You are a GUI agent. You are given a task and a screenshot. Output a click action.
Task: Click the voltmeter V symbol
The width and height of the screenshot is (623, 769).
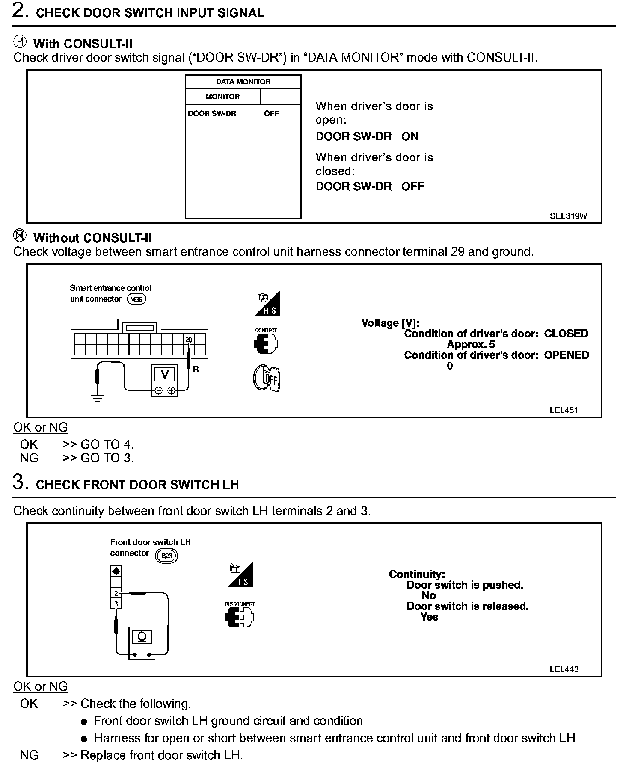pyautogui.click(x=164, y=374)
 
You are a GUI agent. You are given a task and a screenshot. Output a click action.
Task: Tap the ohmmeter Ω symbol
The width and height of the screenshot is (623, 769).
pyautogui.click(x=142, y=637)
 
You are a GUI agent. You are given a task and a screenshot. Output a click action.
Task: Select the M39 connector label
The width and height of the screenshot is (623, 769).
pyautogui.click(x=136, y=299)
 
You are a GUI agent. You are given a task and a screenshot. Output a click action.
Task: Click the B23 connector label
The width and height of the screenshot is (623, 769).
pyautogui.click(x=166, y=556)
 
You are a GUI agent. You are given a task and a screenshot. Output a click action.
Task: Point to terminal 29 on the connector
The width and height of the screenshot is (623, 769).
pyautogui.click(x=189, y=340)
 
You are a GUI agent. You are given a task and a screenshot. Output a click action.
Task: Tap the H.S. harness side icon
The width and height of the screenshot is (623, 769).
pyautogui.click(x=267, y=304)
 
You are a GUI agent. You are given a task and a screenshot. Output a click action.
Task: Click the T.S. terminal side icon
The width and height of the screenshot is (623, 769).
pyautogui.click(x=240, y=574)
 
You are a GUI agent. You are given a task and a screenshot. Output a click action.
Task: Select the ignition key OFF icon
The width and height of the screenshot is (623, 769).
pyautogui.click(x=267, y=378)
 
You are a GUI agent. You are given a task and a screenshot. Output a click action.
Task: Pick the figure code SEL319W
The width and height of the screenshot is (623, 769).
pyautogui.click(x=568, y=216)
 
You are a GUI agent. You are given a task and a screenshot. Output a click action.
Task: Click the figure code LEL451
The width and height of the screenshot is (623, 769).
pyautogui.click(x=564, y=410)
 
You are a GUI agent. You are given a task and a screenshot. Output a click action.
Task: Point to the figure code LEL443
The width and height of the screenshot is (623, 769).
pyautogui.click(x=564, y=669)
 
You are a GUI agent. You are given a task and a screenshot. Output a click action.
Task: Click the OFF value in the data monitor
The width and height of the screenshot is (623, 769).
pyautogui.click(x=271, y=113)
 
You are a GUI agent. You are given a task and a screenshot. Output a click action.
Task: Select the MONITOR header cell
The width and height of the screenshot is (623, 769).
pyautogui.click(x=222, y=97)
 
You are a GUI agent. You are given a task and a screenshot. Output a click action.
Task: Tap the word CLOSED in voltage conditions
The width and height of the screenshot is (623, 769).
pyautogui.click(x=566, y=334)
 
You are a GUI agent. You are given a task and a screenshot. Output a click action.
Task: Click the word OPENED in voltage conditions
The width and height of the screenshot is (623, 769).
pyautogui.click(x=567, y=355)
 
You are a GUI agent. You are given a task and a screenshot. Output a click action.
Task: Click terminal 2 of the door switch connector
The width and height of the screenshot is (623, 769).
pyautogui.click(x=116, y=593)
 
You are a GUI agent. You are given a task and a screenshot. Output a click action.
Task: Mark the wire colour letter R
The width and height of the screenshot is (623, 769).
pyautogui.click(x=196, y=369)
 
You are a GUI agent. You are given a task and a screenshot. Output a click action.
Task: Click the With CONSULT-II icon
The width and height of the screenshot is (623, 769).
pyautogui.click(x=20, y=41)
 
